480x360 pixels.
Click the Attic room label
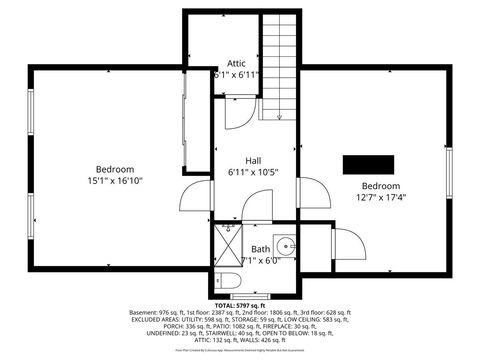coord(236,63)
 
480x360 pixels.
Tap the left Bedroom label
coord(115,169)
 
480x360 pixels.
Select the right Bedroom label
coord(380,186)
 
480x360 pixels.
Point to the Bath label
coord(260,249)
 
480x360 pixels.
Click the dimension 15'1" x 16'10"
coord(115,181)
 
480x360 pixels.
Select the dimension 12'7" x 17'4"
coord(380,197)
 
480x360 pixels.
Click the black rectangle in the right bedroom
coord(365,164)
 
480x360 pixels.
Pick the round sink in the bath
coord(286,244)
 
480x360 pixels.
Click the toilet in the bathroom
coord(225,279)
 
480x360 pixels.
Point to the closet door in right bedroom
coord(344,244)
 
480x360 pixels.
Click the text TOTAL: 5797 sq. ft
coord(241,305)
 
